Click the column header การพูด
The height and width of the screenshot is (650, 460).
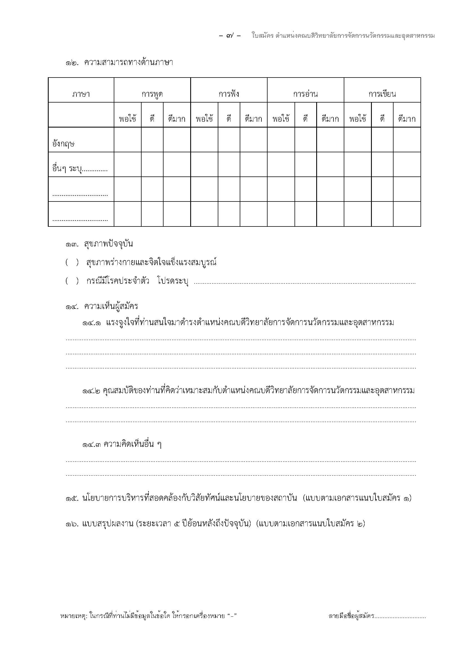click(152, 94)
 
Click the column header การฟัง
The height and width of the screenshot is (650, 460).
click(229, 94)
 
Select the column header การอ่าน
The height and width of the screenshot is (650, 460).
click(305, 94)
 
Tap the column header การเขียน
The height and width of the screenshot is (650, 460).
click(382, 94)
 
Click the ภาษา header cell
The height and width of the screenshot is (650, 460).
click(81, 94)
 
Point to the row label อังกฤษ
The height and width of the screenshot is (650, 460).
click(63, 144)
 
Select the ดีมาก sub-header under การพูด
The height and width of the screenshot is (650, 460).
click(177, 119)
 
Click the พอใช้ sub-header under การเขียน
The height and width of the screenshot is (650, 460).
click(357, 119)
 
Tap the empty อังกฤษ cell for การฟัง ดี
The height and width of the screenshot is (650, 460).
click(229, 140)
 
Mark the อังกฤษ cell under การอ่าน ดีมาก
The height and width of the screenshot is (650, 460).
click(330, 140)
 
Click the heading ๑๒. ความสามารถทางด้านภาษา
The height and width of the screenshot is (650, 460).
click(119, 63)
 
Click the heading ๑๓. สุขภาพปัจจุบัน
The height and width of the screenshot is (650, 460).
click(99, 244)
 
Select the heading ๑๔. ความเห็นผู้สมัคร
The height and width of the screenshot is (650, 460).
click(102, 306)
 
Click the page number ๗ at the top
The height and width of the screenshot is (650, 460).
click(230, 36)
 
